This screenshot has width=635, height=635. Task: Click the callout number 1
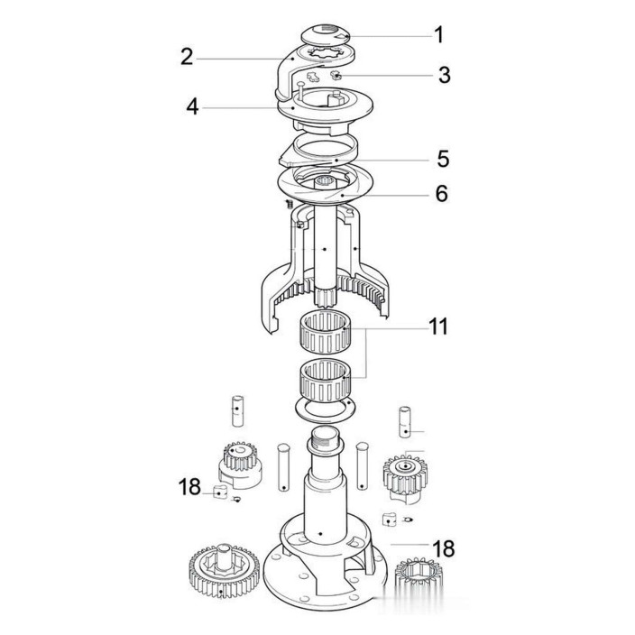(x=439, y=35)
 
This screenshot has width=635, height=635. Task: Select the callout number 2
(x=187, y=57)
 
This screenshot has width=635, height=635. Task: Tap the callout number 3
(x=445, y=75)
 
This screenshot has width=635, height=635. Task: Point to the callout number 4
(x=192, y=107)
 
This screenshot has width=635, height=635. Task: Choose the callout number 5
(x=443, y=159)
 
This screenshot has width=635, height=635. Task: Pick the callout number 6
(x=442, y=193)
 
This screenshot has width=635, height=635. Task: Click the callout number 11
(x=438, y=327)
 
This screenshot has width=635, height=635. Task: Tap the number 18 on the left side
(x=189, y=486)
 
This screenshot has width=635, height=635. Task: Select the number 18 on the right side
(x=444, y=548)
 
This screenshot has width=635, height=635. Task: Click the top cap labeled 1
(x=326, y=35)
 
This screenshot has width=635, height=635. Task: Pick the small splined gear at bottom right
(x=419, y=572)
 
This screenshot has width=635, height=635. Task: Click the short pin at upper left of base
(x=237, y=410)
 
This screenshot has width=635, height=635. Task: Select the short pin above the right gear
(x=405, y=422)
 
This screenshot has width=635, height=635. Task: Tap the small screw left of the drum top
(x=290, y=204)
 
